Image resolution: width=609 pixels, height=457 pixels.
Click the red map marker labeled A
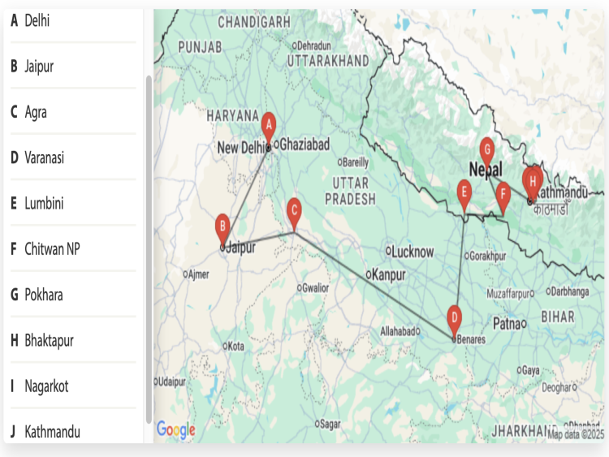click(x=269, y=125)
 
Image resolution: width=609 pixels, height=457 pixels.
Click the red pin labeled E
click(x=464, y=192)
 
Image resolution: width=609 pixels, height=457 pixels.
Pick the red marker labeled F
click(x=503, y=194)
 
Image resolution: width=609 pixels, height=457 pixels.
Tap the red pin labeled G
click(x=486, y=149)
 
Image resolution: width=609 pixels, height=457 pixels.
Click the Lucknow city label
click(x=413, y=252)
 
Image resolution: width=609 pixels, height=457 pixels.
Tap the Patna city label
click(x=507, y=324)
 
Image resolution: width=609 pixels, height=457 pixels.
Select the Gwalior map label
click(x=316, y=287)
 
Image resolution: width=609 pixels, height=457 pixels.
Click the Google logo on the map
click(x=176, y=429)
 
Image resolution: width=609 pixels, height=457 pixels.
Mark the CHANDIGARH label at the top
click(x=254, y=19)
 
